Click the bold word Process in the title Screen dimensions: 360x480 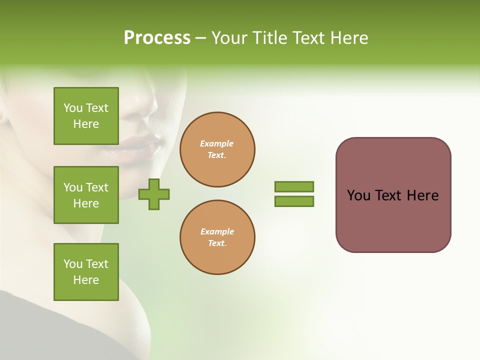click(x=157, y=38)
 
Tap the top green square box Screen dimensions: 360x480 click(x=86, y=116)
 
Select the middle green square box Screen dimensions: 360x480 click(x=86, y=195)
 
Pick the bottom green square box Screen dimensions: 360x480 click(x=86, y=272)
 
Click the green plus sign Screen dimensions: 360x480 click(x=154, y=194)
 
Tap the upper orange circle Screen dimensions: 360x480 click(x=217, y=149)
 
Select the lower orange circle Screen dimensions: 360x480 click(x=217, y=237)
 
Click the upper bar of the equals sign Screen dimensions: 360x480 click(x=294, y=186)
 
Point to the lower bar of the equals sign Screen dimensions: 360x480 click(x=294, y=201)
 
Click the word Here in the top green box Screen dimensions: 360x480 click(x=86, y=124)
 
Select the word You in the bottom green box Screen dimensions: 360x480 click(x=73, y=264)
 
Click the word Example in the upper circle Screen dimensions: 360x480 click(x=217, y=143)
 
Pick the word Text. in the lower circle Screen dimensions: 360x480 click(x=217, y=243)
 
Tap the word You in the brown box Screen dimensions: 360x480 click(x=358, y=195)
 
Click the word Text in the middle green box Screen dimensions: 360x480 click(x=97, y=187)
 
